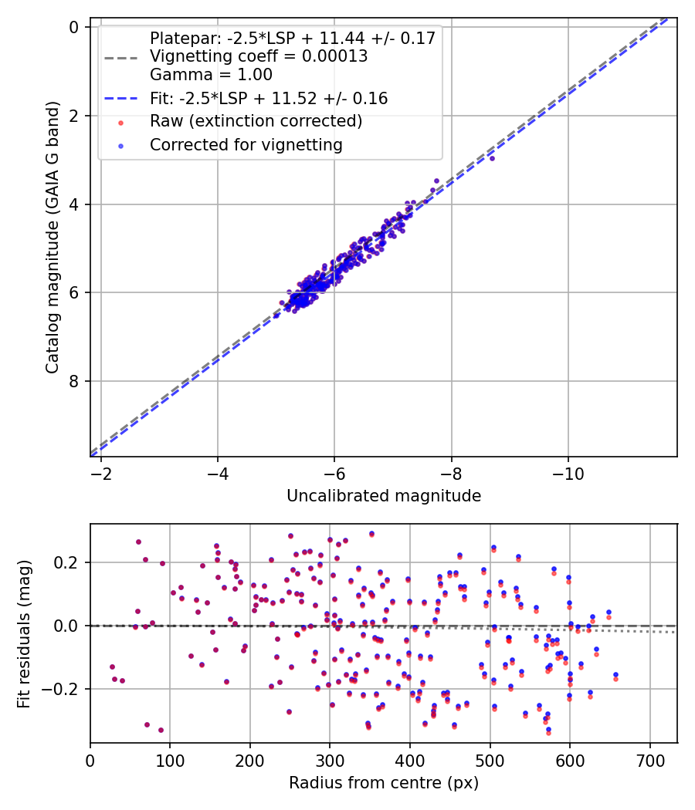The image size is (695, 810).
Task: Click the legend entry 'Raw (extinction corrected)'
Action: click(256, 121)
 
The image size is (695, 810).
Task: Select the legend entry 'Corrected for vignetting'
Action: click(246, 144)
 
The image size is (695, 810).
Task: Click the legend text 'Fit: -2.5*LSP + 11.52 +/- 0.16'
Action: click(269, 99)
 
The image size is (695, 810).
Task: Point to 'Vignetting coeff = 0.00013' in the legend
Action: click(259, 56)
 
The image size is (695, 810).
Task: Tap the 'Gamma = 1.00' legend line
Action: click(211, 75)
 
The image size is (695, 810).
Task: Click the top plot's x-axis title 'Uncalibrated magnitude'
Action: click(384, 496)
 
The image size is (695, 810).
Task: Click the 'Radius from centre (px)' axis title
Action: click(384, 783)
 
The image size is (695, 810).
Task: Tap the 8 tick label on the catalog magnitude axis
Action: click(75, 381)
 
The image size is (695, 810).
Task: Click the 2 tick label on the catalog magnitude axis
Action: click(75, 116)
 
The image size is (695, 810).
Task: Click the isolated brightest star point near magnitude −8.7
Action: click(492, 157)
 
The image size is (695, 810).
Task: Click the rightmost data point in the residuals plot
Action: click(615, 676)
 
